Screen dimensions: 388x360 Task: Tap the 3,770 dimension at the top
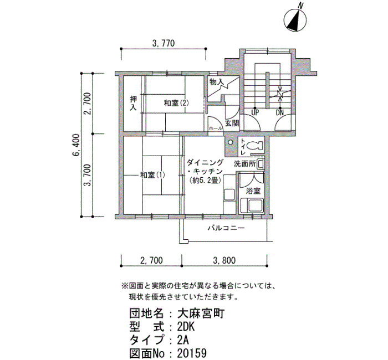164,43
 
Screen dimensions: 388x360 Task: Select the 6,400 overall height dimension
77,145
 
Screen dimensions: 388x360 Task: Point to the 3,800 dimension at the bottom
224,260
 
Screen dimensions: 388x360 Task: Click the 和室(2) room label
176,103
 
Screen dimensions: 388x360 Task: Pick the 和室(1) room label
152,175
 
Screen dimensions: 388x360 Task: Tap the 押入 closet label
134,104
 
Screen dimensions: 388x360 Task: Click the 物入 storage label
217,82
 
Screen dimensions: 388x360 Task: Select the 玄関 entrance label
232,123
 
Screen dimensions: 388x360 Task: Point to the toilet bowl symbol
254,145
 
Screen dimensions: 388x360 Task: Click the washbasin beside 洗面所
261,164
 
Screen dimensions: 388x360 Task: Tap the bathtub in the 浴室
252,205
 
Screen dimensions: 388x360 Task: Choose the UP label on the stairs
255,113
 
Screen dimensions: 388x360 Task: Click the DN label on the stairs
280,113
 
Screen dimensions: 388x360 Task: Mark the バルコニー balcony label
226,228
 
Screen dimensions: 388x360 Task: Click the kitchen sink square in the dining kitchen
229,195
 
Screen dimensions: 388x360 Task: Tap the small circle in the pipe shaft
231,142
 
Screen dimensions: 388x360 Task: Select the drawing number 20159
192,353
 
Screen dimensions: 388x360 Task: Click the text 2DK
186,327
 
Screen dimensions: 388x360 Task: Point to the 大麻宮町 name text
201,314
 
